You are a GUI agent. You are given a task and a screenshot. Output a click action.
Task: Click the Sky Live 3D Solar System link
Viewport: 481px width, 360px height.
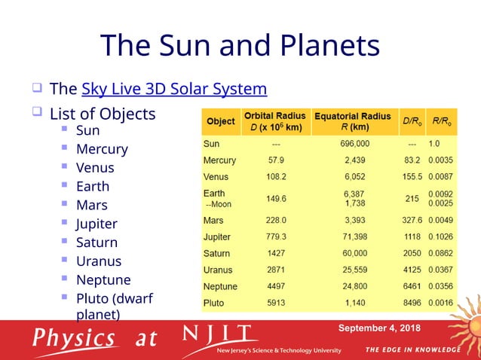point(173,89)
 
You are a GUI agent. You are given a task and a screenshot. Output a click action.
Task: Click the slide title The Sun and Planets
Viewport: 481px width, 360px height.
point(240,45)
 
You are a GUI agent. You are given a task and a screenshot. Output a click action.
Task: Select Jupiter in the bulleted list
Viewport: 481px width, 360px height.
point(97,224)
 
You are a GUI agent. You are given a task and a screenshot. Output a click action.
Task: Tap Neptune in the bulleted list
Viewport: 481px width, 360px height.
point(103,279)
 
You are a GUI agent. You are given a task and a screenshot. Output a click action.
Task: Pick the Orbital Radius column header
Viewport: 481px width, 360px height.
point(274,121)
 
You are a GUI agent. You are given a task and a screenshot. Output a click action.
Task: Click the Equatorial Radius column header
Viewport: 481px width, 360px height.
point(352,121)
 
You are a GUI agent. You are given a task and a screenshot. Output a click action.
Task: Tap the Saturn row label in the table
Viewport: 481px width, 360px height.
point(217,254)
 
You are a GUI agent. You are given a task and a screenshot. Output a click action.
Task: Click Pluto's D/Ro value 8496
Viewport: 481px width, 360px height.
point(412,303)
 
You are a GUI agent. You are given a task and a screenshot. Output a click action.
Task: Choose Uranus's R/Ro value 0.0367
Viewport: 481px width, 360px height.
point(441,270)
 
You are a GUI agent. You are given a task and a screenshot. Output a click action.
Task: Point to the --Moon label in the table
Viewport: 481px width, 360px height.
point(219,204)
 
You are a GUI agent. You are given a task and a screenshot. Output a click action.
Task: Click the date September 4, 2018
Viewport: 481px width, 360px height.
point(379,328)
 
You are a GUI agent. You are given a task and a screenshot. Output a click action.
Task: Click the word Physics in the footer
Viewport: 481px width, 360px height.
point(74,337)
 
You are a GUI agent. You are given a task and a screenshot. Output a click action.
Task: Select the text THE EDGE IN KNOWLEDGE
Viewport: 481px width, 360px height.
point(412,349)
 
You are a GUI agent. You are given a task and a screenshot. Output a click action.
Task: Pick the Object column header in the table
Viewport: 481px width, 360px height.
point(220,121)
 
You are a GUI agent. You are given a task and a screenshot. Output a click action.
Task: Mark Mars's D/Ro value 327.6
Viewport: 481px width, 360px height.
point(412,221)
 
